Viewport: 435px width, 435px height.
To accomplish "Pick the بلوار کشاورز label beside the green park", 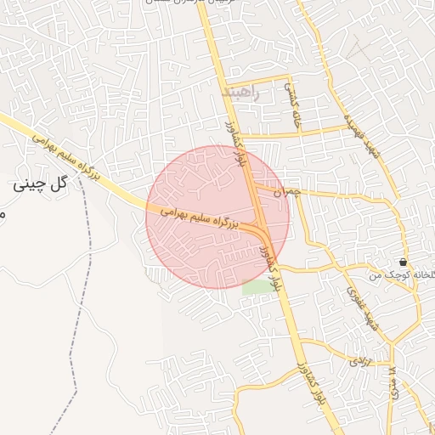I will point(271,261).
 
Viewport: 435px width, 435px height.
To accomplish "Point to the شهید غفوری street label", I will point(354,301).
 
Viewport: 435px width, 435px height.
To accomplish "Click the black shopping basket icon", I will point(402,262).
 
